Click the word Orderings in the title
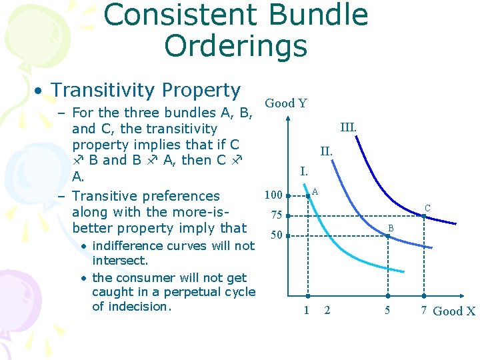pyautogui.click(x=235, y=46)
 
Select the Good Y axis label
pyautogui.click(x=286, y=103)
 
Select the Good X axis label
pyautogui.click(x=454, y=311)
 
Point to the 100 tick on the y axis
pyautogui.click(x=273, y=195)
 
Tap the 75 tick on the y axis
pyautogui.click(x=275, y=215)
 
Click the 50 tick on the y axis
pyautogui.click(x=275, y=235)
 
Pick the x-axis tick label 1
pyautogui.click(x=306, y=310)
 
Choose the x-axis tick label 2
pyautogui.click(x=327, y=310)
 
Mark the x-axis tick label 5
pyautogui.click(x=387, y=310)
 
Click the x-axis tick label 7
pyautogui.click(x=423, y=310)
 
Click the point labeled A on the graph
pyautogui.click(x=307, y=196)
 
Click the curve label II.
pyautogui.click(x=325, y=152)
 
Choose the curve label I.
pyautogui.click(x=303, y=171)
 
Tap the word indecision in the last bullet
pyautogui.click(x=140, y=307)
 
